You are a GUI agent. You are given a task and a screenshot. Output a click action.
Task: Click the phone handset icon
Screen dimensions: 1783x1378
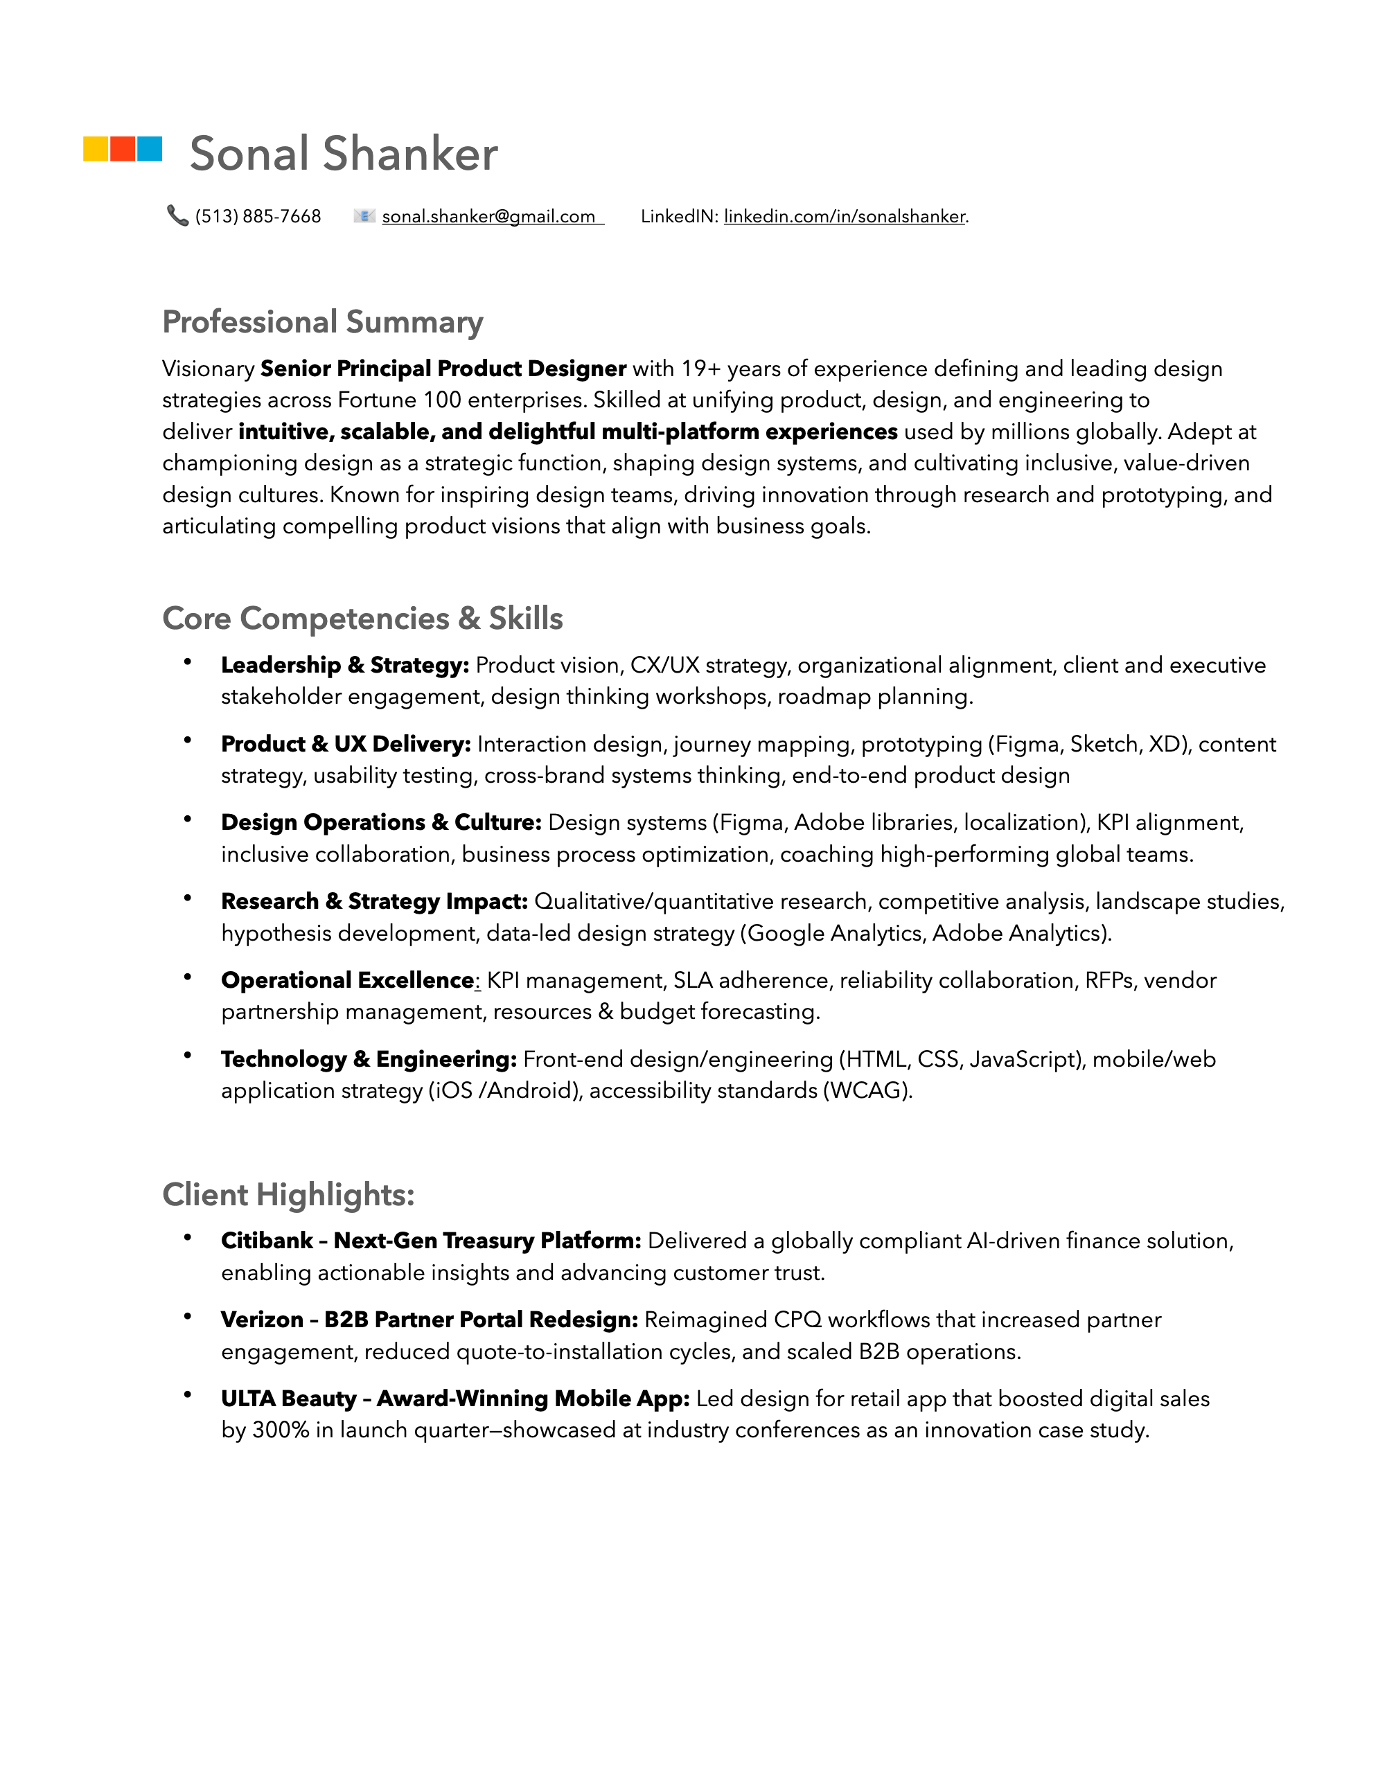[177, 215]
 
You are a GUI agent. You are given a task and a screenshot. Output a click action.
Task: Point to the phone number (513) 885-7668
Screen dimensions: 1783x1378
[258, 216]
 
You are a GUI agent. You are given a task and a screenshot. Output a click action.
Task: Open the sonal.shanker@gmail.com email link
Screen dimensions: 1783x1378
[488, 216]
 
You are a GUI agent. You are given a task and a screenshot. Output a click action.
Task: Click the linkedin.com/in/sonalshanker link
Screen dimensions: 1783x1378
[844, 216]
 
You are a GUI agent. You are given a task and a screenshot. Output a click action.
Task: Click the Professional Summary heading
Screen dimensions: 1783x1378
[322, 321]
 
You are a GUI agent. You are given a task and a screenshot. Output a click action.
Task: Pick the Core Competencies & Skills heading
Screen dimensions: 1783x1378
[362, 618]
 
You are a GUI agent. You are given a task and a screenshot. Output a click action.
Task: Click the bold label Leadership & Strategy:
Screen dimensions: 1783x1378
[344, 666]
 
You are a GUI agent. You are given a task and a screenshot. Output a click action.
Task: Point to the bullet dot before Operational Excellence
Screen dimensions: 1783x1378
[188, 977]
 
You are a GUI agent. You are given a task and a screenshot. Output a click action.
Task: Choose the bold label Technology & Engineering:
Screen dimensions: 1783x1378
[368, 1059]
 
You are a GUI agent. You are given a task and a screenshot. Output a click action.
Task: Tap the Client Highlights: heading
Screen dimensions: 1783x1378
[288, 1194]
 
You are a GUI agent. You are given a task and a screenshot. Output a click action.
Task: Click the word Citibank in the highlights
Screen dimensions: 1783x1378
[267, 1241]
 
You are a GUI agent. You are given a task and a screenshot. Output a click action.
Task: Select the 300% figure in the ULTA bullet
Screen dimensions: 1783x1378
[280, 1430]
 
